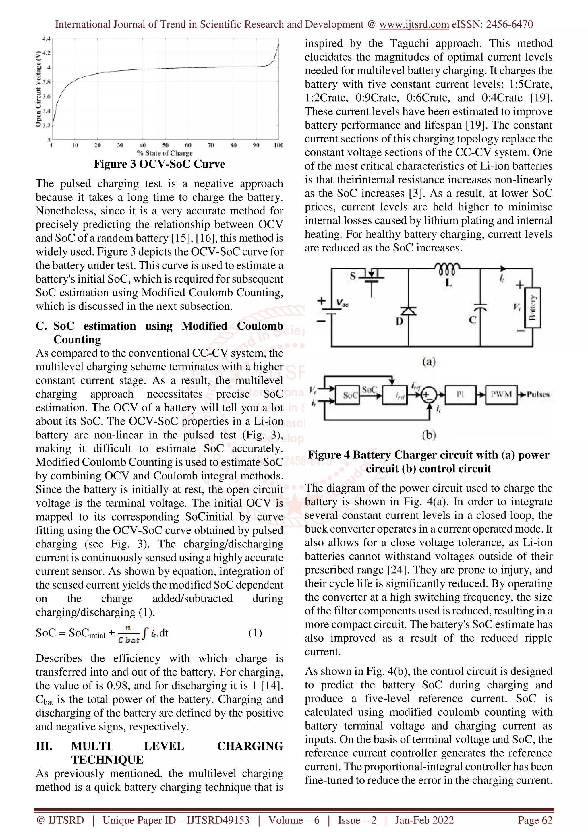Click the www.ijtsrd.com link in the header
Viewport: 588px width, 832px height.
tap(414, 24)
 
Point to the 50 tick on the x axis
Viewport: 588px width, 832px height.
tap(165, 145)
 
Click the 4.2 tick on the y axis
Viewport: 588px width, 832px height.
tap(46, 53)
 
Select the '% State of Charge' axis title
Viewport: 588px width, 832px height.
tap(165, 153)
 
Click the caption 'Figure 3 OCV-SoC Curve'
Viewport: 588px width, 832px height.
tap(159, 164)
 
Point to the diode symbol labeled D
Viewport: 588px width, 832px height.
tap(408, 311)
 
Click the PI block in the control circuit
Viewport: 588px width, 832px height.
tap(460, 394)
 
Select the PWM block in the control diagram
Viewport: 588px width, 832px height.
tap(501, 394)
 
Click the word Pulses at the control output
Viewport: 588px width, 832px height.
tap(538, 394)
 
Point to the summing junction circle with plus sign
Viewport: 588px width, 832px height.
tap(429, 395)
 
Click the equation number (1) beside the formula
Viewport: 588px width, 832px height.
tap(255, 633)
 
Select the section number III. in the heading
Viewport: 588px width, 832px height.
tap(44, 746)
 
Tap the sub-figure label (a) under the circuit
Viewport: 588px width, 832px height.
tap(429, 362)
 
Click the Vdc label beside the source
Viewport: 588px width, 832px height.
tap(342, 303)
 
